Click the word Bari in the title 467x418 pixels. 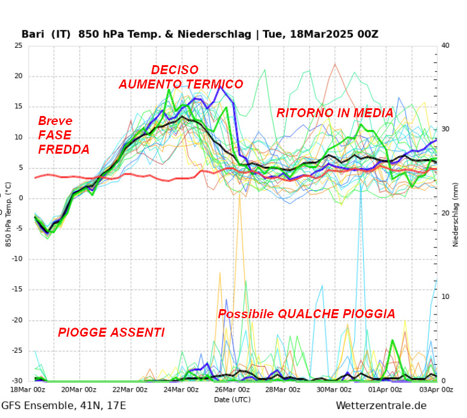tap(34, 33)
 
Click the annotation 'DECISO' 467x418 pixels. tap(174, 70)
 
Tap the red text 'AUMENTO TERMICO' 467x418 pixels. tap(181, 84)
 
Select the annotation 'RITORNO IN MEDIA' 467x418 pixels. tap(335, 113)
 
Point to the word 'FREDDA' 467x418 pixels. tap(64, 149)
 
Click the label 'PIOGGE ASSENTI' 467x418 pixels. tap(111, 332)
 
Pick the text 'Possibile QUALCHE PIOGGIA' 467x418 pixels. tap(306, 314)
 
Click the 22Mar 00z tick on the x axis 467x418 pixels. tap(130, 389)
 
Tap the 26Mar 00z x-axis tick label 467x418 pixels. tap(232, 389)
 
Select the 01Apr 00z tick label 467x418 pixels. tap(385, 389)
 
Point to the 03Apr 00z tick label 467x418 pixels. tap(435, 389)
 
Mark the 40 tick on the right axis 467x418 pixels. tap(444, 45)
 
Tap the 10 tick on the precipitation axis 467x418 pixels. tap(444, 297)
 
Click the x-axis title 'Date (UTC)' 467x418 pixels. tap(232, 399)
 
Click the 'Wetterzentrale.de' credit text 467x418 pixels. tap(381, 406)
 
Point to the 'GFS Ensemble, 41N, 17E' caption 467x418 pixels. tap(63, 406)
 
